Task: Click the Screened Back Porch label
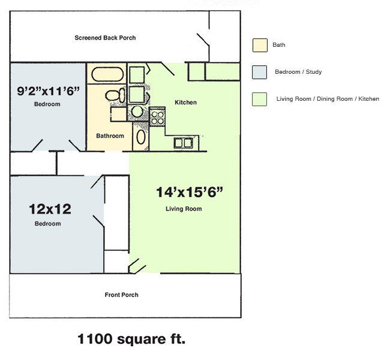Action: point(105,38)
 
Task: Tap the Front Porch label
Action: point(121,295)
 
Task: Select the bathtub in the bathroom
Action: point(107,74)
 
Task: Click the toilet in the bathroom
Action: point(115,95)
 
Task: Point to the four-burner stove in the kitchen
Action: point(158,118)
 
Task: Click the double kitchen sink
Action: point(184,143)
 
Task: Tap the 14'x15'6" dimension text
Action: point(190,193)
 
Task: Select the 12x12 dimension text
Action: point(50,209)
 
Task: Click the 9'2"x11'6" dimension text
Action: point(48,91)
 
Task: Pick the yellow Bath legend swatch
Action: point(260,45)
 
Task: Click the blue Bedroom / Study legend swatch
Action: point(259,72)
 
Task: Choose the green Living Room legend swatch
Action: point(259,99)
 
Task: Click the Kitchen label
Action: point(185,103)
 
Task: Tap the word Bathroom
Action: point(110,136)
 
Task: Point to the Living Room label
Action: point(184,209)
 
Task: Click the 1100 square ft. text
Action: point(131,339)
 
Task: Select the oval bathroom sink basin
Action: point(141,137)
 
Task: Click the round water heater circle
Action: point(137,112)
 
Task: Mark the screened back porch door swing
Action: point(203,40)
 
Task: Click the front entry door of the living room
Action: point(137,266)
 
